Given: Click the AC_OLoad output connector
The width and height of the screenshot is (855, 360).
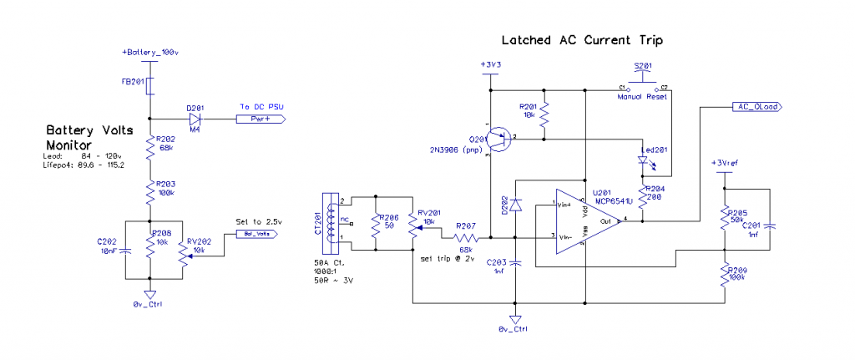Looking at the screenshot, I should (756, 107).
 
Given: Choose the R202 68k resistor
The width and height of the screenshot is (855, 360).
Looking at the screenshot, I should (151, 149).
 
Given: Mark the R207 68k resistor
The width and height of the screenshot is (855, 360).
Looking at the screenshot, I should (464, 237).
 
